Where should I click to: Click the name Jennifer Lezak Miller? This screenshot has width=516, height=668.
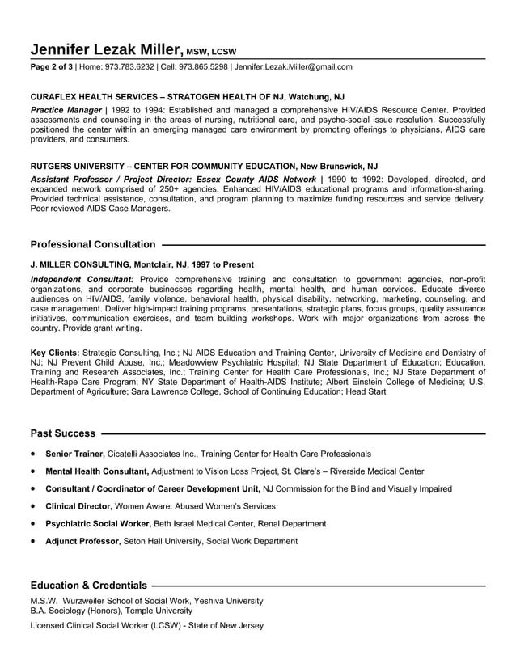click(108, 48)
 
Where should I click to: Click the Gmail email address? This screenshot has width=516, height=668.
click(294, 67)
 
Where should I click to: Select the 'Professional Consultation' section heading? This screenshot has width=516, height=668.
click(93, 244)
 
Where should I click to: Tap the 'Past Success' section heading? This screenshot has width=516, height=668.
click(63, 433)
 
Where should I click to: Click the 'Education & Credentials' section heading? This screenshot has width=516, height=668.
click(89, 585)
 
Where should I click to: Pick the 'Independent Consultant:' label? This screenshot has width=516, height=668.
click(81, 279)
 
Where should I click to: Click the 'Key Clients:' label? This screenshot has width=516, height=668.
click(55, 353)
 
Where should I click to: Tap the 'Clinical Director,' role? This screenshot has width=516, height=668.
click(78, 506)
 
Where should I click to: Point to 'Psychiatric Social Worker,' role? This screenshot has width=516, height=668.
click(98, 523)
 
